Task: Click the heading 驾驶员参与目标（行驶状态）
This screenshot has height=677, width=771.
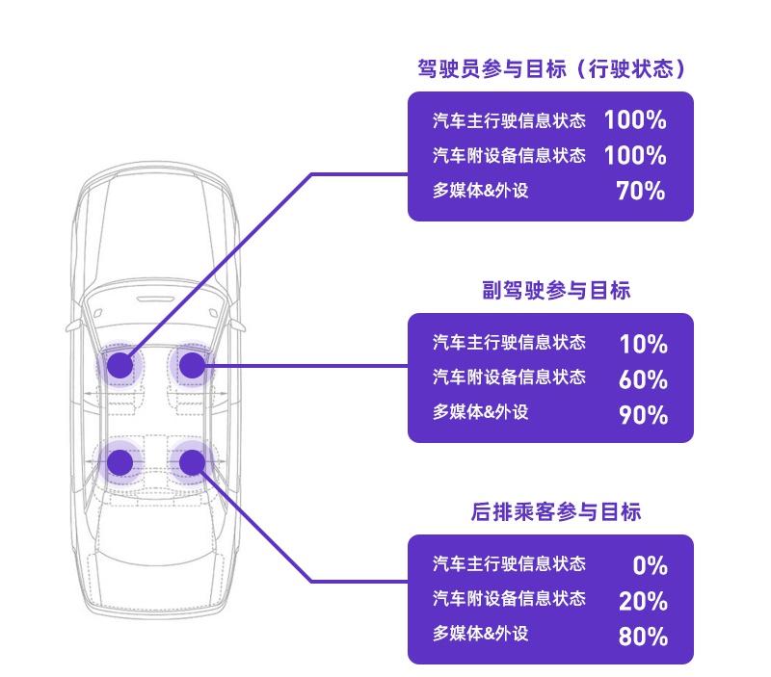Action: (550, 68)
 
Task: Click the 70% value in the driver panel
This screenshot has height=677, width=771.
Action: (641, 191)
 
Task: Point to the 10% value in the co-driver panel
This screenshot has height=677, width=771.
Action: (643, 344)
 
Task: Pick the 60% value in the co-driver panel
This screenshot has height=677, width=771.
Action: (643, 379)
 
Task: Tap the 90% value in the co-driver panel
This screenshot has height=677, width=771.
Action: (643, 415)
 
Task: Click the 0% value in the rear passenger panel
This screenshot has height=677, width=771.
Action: (651, 565)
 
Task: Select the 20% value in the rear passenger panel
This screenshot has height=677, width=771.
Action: (643, 601)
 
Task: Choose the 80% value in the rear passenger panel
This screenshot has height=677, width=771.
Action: (643, 637)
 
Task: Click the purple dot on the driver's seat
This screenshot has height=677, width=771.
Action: (120, 365)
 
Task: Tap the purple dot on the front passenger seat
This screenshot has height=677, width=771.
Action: (192, 365)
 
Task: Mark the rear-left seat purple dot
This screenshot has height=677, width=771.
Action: (120, 462)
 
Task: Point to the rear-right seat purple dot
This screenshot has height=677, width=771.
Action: (192, 462)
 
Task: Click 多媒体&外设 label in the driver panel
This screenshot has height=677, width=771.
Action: (481, 191)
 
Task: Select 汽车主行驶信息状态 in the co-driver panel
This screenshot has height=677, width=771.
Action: (509, 343)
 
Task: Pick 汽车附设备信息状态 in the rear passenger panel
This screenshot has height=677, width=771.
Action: (509, 599)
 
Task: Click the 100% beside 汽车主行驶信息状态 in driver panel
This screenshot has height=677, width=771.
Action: (635, 120)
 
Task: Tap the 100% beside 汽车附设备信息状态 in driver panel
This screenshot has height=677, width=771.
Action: (635, 155)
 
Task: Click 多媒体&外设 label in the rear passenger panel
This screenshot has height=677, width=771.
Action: (481, 634)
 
